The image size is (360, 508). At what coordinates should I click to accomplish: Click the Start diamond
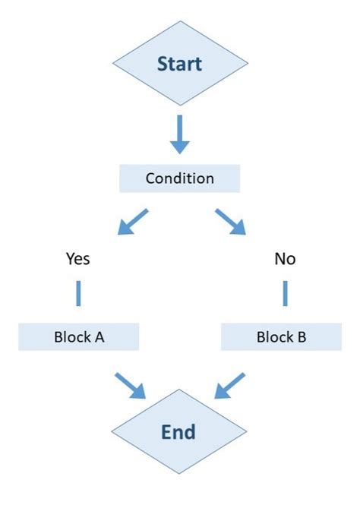click(179, 63)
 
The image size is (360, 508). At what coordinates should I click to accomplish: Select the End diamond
click(179, 432)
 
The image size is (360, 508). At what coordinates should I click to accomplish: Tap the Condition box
click(179, 178)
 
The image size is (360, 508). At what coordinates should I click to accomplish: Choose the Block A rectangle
click(79, 336)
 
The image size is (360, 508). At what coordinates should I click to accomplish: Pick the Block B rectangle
click(281, 336)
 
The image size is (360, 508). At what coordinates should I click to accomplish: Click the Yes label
click(77, 259)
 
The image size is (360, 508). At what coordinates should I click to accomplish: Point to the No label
click(285, 259)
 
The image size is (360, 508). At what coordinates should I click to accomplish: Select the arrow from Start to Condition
click(179, 134)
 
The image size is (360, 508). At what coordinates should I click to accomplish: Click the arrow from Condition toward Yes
click(132, 222)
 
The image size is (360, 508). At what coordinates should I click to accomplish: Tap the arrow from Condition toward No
click(230, 222)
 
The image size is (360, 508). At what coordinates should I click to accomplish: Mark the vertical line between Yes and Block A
click(77, 293)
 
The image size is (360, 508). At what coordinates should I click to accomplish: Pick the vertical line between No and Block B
click(286, 293)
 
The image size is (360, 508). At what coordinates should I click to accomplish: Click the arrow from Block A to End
click(130, 385)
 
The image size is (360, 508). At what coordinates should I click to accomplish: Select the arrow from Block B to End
click(229, 385)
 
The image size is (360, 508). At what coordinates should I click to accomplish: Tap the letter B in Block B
click(302, 336)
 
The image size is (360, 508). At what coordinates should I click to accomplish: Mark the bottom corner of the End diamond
click(179, 474)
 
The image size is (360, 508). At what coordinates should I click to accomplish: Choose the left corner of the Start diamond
click(113, 63)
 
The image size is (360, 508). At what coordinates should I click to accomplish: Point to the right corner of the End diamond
click(246, 432)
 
